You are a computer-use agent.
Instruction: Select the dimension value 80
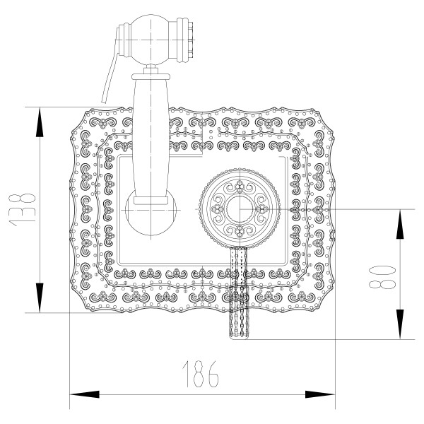coord(379,274)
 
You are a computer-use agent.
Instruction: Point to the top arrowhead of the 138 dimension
coord(40,114)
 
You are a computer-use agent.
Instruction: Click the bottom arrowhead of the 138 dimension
coord(40,305)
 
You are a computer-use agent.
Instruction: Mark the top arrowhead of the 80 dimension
coord(399,216)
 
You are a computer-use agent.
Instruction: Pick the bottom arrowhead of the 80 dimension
coord(399,331)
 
